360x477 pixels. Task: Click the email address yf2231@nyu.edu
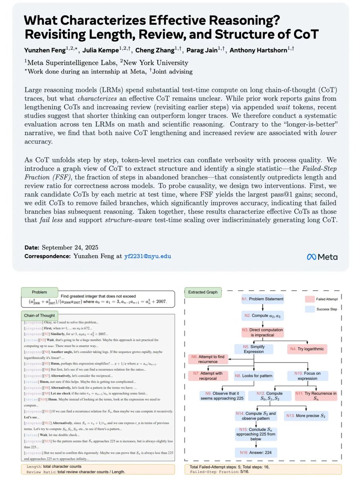coord(147,256)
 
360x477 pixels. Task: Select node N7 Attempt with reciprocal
coord(208,376)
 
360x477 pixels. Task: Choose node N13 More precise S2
coord(306,416)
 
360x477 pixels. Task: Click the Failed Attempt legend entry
coord(321,299)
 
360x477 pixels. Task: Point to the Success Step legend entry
coord(321,309)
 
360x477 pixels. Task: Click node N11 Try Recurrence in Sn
coord(316,396)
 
